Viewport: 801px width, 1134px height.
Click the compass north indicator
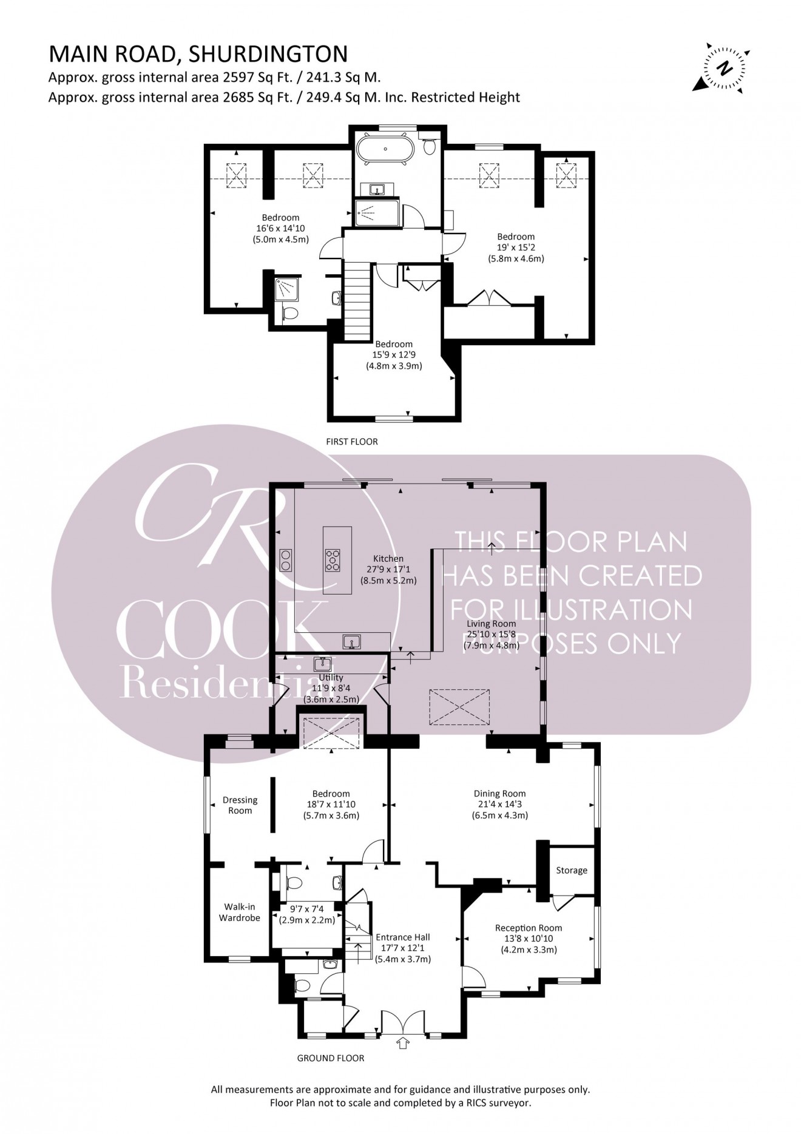pyautogui.click(x=723, y=68)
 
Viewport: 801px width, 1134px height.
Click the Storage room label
pyautogui.click(x=571, y=870)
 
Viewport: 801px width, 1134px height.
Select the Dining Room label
pyautogui.click(x=499, y=793)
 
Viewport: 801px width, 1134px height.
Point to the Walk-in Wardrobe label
pyautogui.click(x=239, y=913)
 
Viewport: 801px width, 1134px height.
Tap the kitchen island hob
pyautogui.click(x=333, y=559)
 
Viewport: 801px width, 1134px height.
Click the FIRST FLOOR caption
pyautogui.click(x=351, y=442)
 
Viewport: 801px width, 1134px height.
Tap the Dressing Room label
pyautogui.click(x=240, y=805)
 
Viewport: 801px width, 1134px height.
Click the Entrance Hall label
pyautogui.click(x=403, y=937)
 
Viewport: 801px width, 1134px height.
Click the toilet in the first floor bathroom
pyautogui.click(x=430, y=146)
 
